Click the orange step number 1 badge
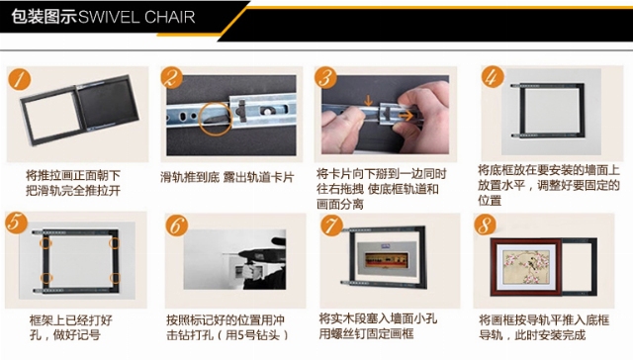point(20,79)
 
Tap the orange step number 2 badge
point(171,78)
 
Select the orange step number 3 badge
point(325,78)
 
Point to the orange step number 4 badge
point(493,77)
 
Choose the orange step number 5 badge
point(16,223)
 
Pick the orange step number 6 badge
point(177,225)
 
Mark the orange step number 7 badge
point(332,225)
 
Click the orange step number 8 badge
point(485,225)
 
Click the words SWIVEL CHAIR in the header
point(136,18)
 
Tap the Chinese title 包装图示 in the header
point(45,17)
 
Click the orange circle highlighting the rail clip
point(216,119)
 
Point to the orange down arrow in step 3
point(368,101)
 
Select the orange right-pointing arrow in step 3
point(407,116)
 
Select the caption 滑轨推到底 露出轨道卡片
point(226,178)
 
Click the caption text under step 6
point(226,327)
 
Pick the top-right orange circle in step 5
point(115,243)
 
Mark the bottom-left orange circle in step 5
point(46,278)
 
